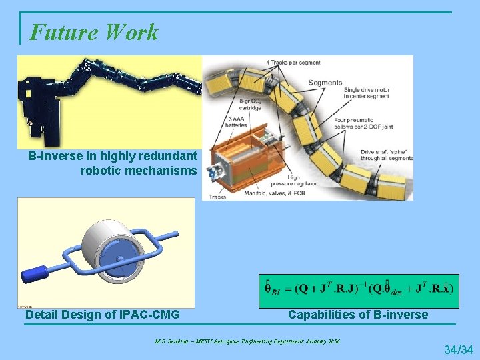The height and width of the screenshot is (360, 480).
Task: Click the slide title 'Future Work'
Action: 94,32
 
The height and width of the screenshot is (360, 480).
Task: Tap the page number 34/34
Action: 458,349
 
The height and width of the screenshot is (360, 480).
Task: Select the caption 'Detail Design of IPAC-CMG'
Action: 102,314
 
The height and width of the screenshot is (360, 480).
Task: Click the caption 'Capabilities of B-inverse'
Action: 358,314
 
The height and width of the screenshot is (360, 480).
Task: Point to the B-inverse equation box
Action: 359,289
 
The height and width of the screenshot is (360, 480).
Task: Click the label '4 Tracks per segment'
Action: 293,63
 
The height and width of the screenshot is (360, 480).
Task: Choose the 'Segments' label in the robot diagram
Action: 325,83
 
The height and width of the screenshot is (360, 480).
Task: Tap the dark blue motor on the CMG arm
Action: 35,273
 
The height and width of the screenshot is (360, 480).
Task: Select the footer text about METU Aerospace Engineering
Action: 247,341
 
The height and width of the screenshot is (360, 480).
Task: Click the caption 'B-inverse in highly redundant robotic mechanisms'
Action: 112,163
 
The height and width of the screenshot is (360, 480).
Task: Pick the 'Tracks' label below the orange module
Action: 218,197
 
